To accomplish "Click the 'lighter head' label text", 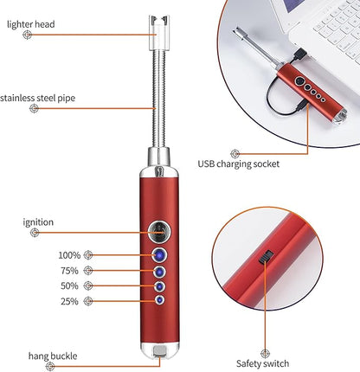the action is tap(31, 24).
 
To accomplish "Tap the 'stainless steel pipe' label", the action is tap(38, 98).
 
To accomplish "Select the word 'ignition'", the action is tap(38, 222).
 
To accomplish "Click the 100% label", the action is tap(69, 255).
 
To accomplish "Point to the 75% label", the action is tap(69, 271).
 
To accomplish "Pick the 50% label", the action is tap(69, 285).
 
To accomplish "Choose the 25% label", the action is tap(69, 301).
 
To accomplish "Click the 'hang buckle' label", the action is tap(53, 356).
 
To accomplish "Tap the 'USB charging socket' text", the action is tap(239, 164).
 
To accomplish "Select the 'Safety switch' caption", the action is tap(262, 363).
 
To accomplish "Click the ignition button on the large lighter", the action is tap(159, 231).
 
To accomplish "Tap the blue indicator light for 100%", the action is tap(159, 255).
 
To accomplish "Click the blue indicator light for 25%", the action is tap(159, 300).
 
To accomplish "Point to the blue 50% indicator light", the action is tap(159, 286).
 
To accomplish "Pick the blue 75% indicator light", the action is tap(159, 272).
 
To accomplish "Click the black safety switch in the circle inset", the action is tap(266, 257).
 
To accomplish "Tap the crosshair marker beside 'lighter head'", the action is tap(28, 35).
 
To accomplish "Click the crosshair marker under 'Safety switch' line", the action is tap(265, 354).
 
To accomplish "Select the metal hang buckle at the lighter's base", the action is tap(160, 351).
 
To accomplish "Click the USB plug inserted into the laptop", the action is tap(299, 55).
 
